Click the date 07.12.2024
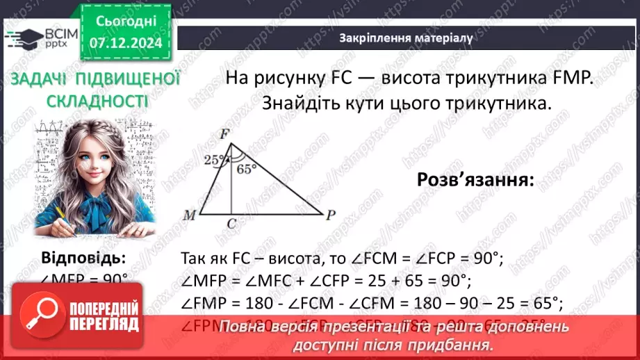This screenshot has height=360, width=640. pos(126,43)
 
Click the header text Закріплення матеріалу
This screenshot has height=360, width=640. pos(406,38)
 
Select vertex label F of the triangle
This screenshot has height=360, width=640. pos(224,133)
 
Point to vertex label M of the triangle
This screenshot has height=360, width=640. pos(189,215)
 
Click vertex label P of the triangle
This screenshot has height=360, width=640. pos(331,215)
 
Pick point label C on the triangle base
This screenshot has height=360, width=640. pos(231,224)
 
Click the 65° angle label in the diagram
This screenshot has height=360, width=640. pos(246,168)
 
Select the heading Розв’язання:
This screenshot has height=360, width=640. pos(475,179)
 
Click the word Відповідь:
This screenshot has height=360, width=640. pos(84,259)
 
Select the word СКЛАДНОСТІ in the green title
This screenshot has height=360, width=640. pos(97,102)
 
